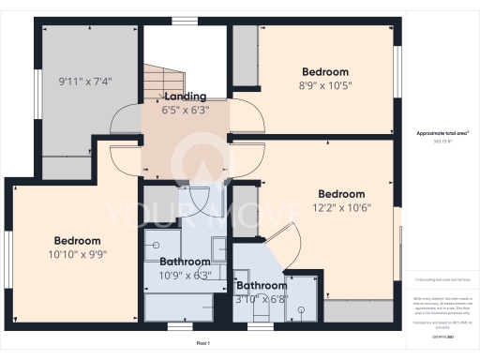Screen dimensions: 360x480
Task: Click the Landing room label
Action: (x=185, y=97)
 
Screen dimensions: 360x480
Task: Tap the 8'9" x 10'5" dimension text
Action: (x=325, y=84)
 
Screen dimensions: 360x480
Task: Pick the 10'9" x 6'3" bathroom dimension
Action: (x=186, y=275)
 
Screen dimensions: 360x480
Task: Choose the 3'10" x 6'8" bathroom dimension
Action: (x=262, y=299)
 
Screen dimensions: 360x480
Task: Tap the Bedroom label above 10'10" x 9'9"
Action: (x=77, y=239)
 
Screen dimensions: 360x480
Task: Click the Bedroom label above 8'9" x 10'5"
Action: (x=325, y=71)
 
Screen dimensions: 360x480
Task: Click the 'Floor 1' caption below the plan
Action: (x=202, y=344)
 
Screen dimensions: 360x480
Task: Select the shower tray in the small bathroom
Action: (x=303, y=298)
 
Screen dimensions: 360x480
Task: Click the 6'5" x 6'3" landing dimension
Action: (x=185, y=110)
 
